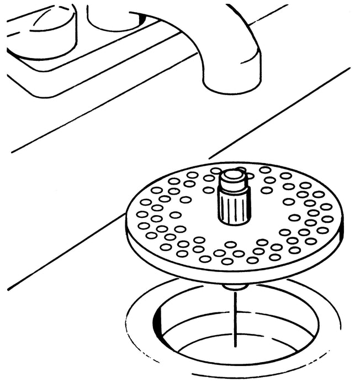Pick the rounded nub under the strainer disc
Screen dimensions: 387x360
(235, 287)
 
